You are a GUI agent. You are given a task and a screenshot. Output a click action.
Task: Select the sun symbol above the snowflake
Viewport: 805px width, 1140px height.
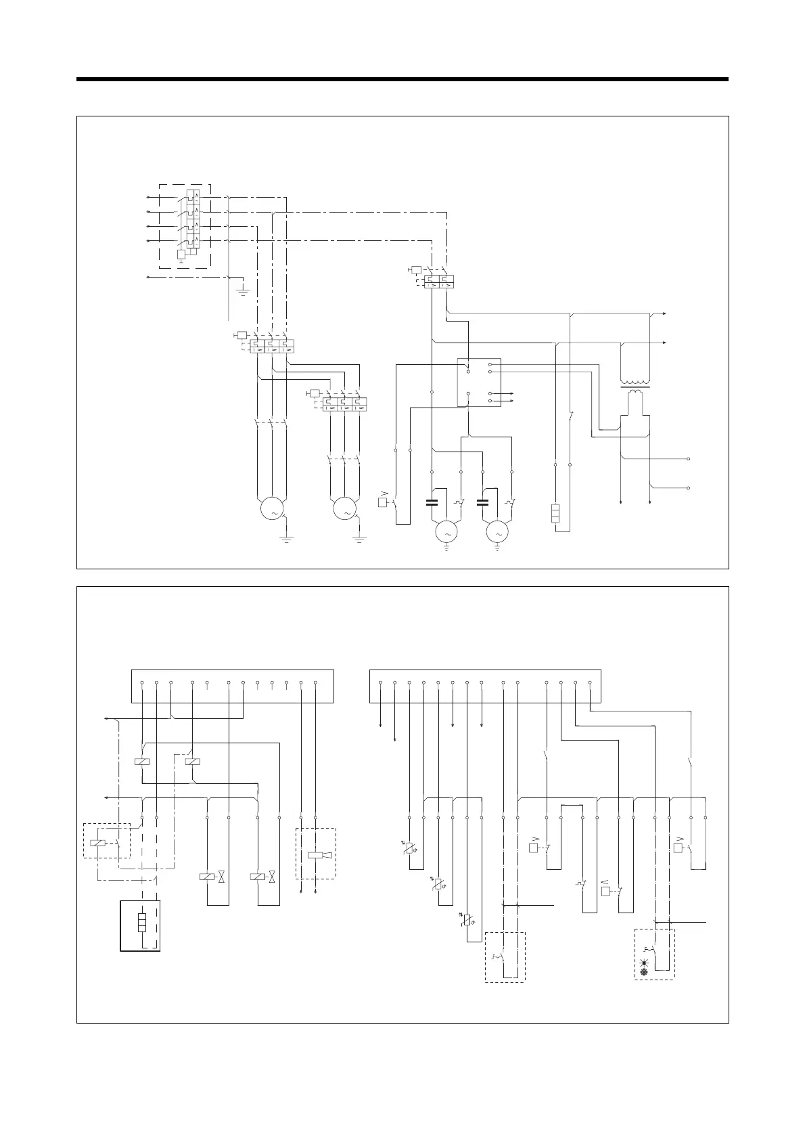(645, 961)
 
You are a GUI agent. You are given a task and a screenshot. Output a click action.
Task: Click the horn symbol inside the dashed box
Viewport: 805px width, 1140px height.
(319, 855)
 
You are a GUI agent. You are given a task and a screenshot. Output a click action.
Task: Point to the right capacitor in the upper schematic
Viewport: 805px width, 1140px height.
(482, 502)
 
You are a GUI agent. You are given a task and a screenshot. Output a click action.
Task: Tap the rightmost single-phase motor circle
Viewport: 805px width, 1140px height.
(498, 533)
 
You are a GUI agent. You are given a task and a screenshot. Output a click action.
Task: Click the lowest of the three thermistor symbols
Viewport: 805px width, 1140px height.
(467, 919)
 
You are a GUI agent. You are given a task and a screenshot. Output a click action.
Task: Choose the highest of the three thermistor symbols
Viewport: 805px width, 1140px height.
(409, 848)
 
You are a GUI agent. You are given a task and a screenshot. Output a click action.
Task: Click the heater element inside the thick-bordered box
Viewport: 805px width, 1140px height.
(141, 923)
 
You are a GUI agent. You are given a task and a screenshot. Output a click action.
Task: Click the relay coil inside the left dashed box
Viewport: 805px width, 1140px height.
(97, 843)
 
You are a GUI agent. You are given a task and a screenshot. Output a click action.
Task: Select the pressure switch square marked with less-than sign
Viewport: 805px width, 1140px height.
(605, 891)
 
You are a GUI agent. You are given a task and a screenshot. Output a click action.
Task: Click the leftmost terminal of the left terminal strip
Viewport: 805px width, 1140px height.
(142, 683)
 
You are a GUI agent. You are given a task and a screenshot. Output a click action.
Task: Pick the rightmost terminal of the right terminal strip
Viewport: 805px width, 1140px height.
(590, 683)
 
